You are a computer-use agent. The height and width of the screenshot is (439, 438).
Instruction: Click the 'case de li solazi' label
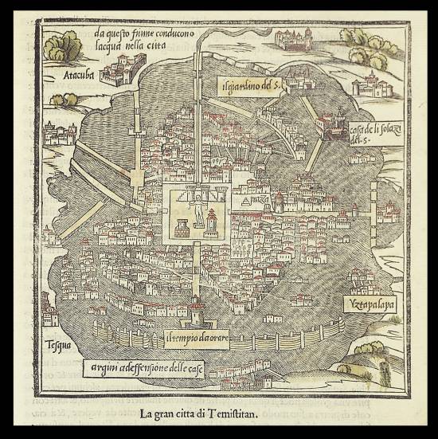[368, 130]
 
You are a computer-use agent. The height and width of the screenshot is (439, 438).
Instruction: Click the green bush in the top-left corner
[58, 47]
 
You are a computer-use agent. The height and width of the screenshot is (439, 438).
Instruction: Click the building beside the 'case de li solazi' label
[329, 125]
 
